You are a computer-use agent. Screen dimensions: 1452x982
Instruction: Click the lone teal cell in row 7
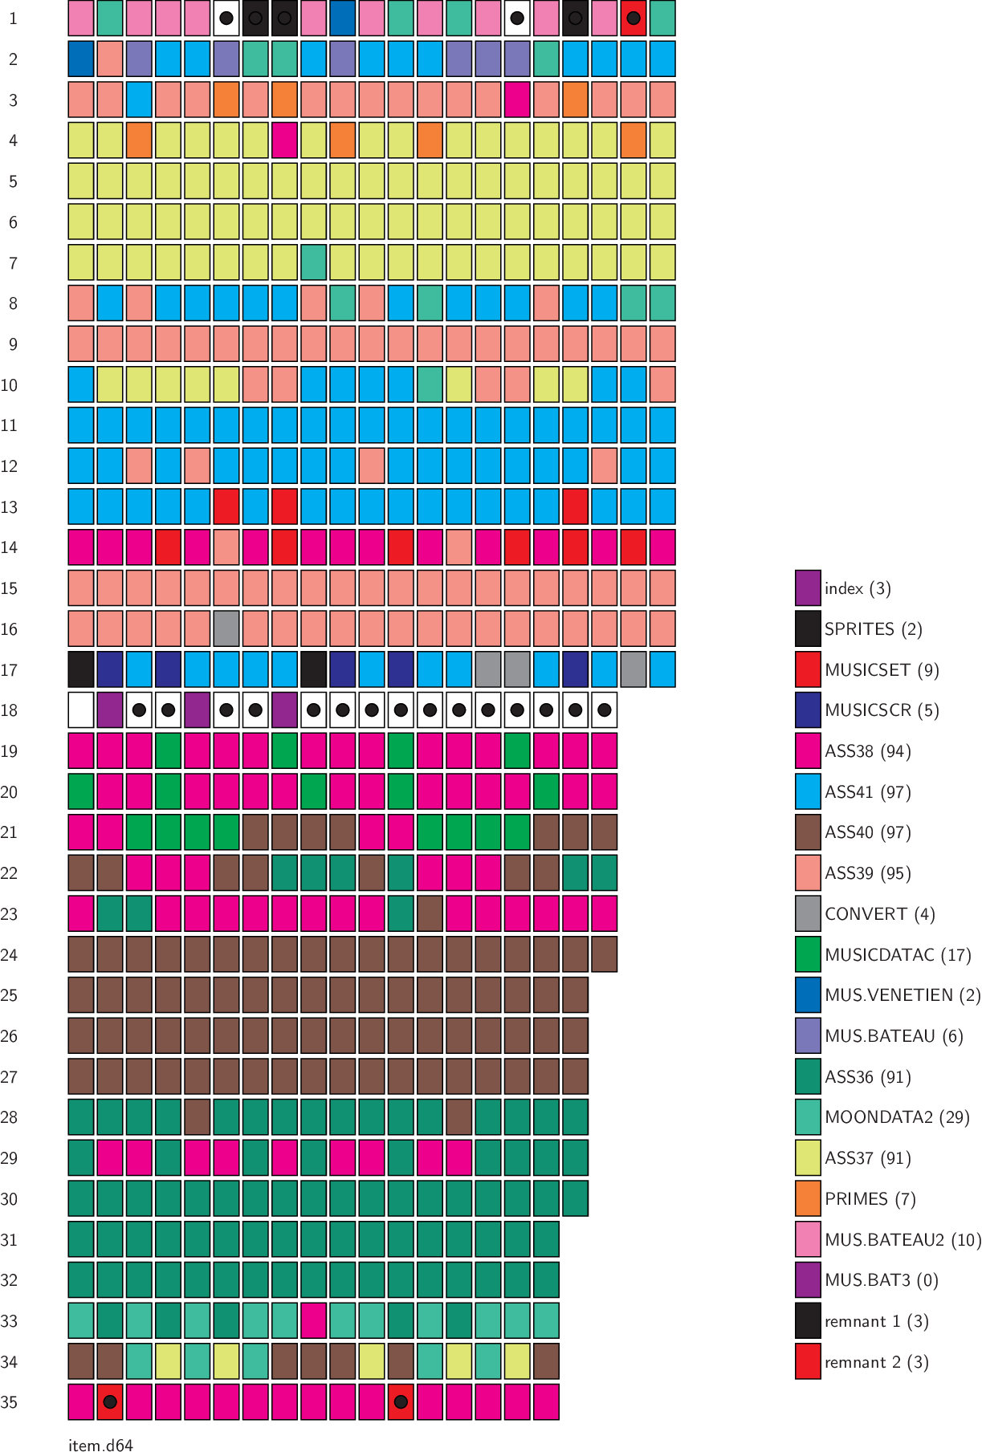click(313, 262)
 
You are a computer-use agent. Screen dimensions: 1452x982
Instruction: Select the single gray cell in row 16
click(226, 628)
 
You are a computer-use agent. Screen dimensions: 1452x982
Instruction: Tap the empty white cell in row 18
click(81, 710)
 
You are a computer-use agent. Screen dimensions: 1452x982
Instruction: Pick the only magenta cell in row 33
click(313, 1320)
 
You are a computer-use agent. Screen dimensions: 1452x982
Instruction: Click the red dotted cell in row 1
click(633, 18)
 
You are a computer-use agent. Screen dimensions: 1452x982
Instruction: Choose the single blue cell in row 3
click(139, 100)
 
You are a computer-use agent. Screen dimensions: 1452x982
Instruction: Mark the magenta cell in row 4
click(284, 140)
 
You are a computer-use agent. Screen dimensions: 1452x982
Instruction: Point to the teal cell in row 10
click(430, 384)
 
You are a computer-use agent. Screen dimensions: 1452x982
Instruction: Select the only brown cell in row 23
click(430, 913)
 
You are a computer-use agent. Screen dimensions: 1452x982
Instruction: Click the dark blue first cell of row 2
click(81, 59)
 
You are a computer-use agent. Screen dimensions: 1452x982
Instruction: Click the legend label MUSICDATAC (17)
click(898, 954)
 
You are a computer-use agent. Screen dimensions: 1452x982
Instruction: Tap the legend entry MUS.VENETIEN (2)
click(903, 995)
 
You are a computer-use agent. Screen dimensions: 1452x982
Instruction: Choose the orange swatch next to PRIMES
click(808, 1198)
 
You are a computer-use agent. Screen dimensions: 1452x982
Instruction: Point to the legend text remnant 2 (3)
click(876, 1362)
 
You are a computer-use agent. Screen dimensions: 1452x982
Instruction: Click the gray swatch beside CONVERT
click(808, 913)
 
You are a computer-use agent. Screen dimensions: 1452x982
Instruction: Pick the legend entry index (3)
click(858, 588)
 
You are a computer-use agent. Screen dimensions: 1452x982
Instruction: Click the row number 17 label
click(10, 669)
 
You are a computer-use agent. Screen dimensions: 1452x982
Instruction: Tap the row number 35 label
click(10, 1402)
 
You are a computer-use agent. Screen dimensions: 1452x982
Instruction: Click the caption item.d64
click(100, 1445)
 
